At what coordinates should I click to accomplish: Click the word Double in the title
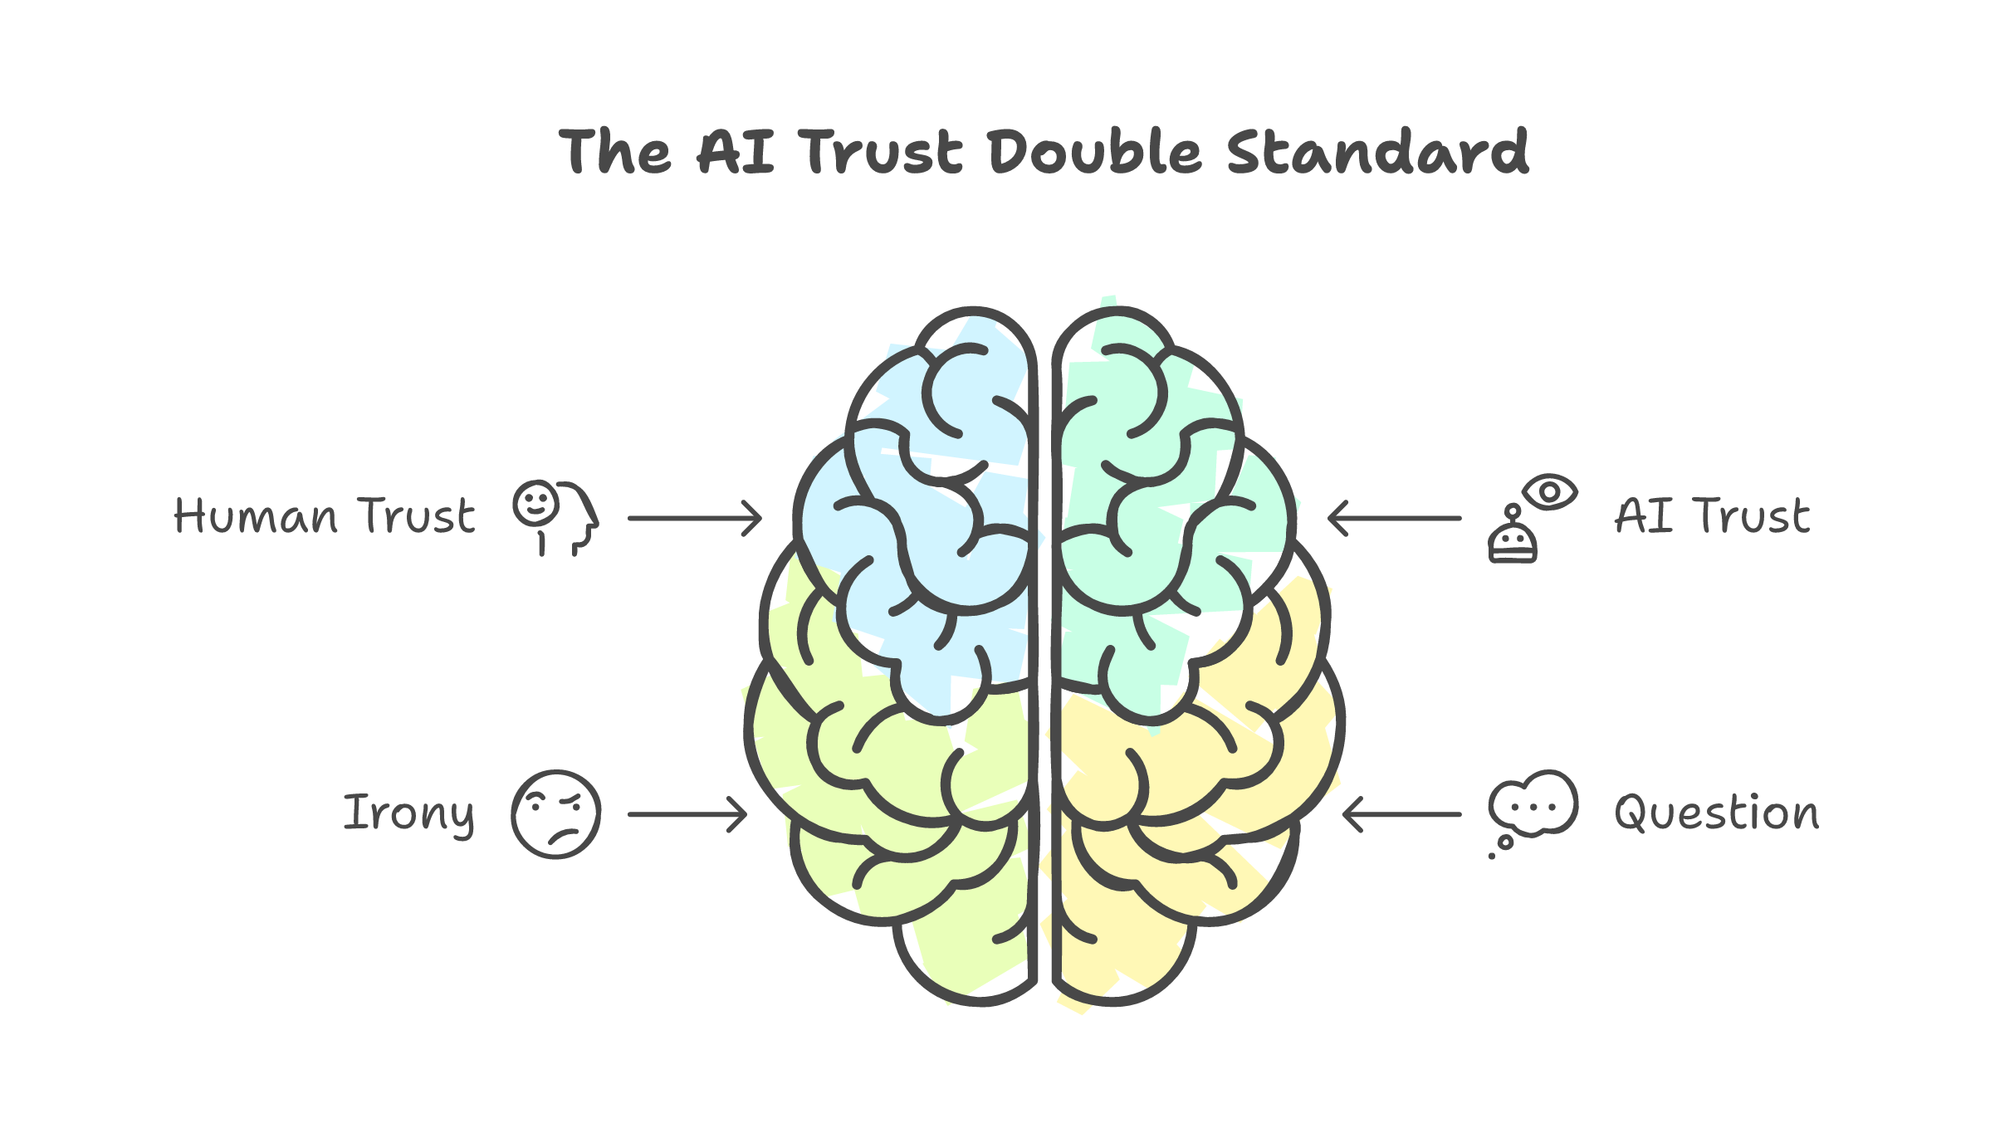tap(1094, 153)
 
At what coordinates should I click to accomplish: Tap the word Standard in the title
tap(1377, 153)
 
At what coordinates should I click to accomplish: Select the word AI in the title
tap(736, 153)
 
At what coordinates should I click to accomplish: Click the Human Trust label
tap(324, 516)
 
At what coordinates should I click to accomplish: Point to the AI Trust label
tap(1711, 516)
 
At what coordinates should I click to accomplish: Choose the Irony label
tap(408, 813)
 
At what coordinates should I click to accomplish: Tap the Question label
tap(1716, 813)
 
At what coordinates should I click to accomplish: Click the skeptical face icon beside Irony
tap(555, 814)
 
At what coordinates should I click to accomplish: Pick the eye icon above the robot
tap(1549, 491)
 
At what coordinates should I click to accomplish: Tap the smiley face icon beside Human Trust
tap(535, 503)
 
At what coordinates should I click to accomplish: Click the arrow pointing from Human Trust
tap(694, 518)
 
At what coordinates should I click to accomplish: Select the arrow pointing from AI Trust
tap(1395, 518)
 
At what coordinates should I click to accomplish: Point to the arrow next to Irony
tap(687, 814)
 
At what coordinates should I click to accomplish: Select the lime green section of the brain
tap(897, 797)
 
